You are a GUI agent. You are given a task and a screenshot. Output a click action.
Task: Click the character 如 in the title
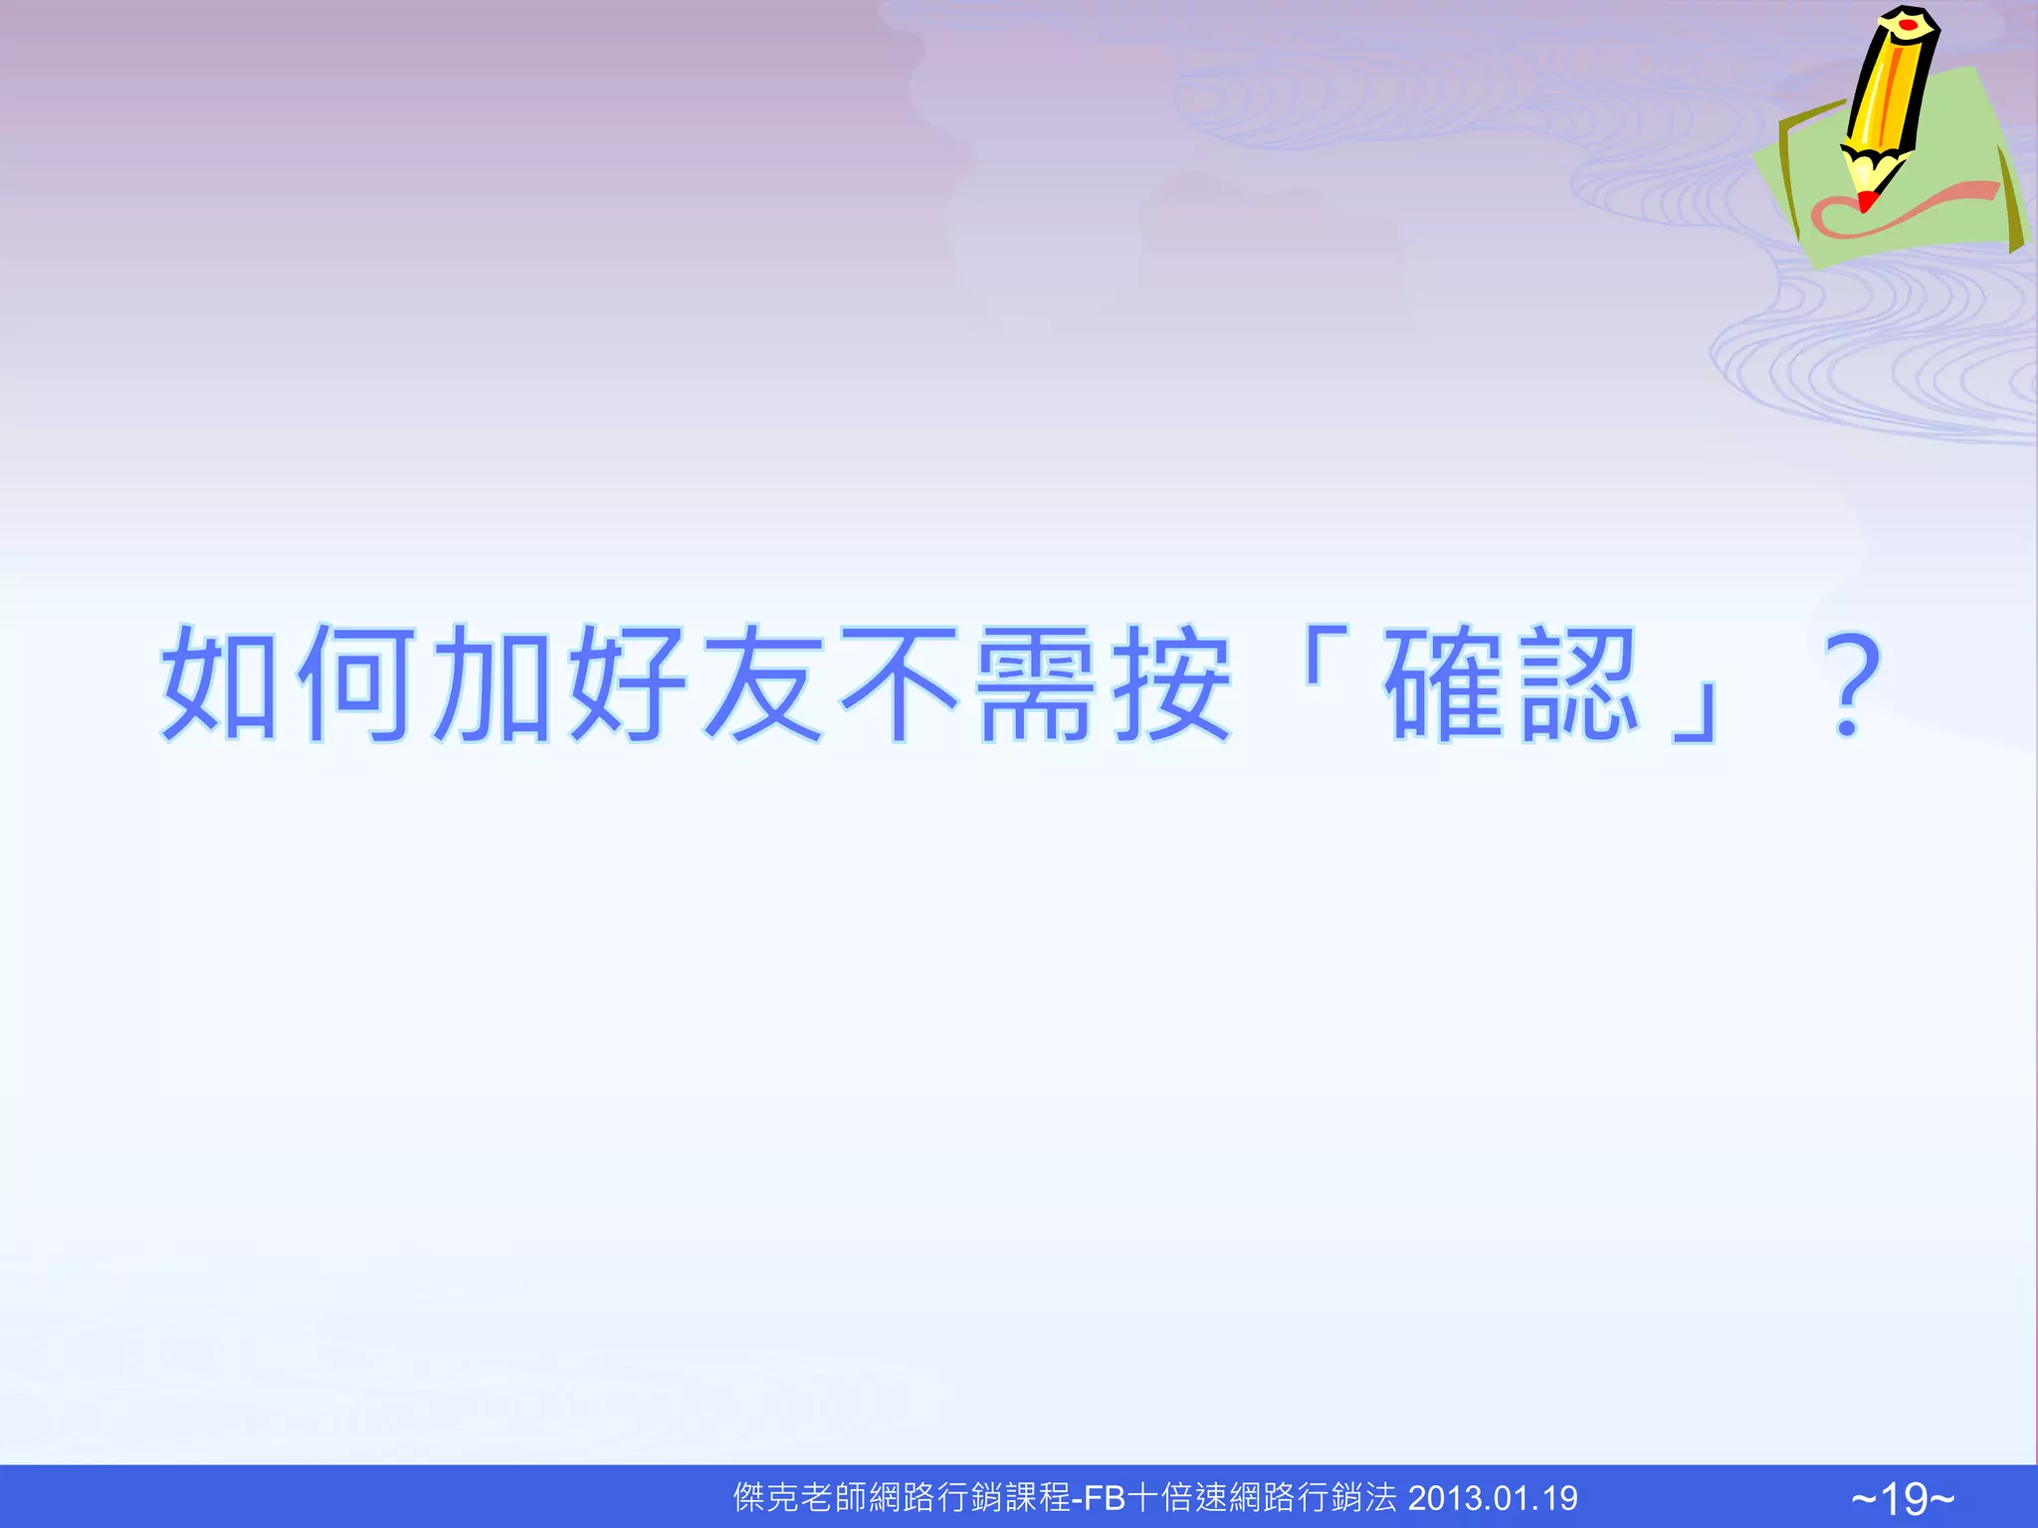coord(221,683)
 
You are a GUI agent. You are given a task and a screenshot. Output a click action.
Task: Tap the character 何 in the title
coord(356,683)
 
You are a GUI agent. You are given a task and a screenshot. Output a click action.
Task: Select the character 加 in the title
coord(493,683)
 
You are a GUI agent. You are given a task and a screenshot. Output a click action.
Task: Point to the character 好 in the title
coord(629,683)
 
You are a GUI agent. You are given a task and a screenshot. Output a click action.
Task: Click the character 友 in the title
coord(764,683)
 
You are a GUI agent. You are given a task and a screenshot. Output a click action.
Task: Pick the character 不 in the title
coord(901,683)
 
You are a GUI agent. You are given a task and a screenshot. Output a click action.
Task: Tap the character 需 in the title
coord(1037,683)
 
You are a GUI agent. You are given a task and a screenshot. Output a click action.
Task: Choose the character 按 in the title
coord(1173,683)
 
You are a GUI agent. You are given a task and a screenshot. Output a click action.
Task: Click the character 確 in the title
coord(1445,683)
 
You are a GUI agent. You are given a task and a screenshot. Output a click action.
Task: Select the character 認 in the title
coord(1580,683)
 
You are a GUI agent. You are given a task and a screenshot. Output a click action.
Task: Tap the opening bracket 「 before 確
coord(1325,657)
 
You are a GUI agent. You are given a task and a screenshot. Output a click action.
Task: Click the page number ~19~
coord(1903,1498)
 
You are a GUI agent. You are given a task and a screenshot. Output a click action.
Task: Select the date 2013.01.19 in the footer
coord(1493,1498)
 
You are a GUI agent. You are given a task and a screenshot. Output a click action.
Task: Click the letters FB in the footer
coord(1104,1498)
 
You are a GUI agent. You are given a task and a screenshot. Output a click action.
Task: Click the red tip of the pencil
coord(1867,202)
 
